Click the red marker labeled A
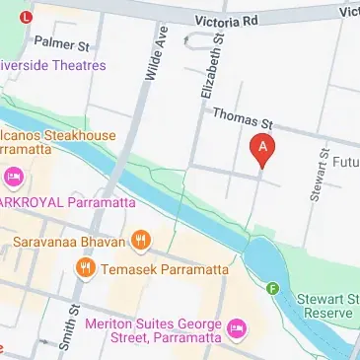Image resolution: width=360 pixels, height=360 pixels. [x=262, y=149]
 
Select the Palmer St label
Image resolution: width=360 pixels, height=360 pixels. [x=61, y=42]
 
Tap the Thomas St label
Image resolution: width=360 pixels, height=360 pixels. [x=241, y=121]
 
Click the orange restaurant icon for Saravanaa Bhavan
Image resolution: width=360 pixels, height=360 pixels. [x=142, y=239]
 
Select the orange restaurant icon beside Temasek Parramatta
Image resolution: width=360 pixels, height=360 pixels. [x=86, y=267]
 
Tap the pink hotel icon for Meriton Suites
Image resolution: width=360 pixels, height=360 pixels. [x=236, y=326]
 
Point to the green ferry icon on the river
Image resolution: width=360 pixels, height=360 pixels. [x=272, y=288]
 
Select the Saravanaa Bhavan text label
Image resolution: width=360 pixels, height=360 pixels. [x=69, y=239]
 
